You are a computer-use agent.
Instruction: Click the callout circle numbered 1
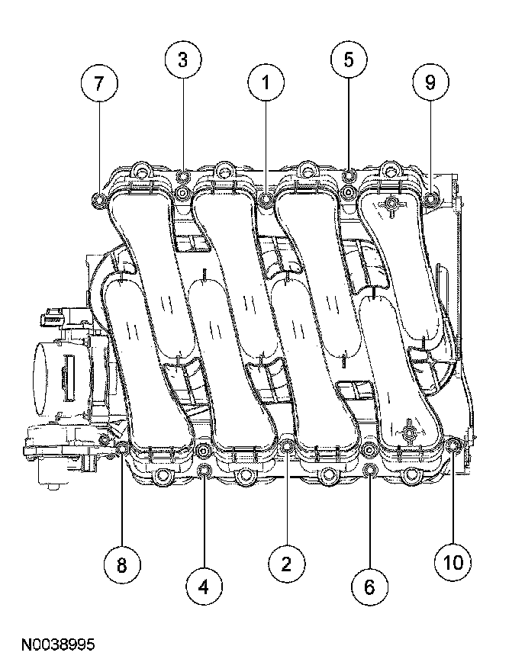(266, 83)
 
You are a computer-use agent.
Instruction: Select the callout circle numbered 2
(286, 564)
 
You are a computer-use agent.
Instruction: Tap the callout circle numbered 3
(183, 60)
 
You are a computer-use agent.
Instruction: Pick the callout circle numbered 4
(203, 586)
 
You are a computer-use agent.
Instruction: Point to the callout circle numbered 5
(349, 60)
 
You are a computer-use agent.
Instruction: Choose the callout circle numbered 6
(369, 586)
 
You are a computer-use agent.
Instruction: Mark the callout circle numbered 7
(99, 84)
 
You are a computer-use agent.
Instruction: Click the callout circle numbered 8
(121, 564)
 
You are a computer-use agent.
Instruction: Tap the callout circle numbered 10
(453, 563)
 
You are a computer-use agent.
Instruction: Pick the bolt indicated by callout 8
(122, 447)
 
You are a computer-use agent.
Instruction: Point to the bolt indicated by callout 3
(183, 178)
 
